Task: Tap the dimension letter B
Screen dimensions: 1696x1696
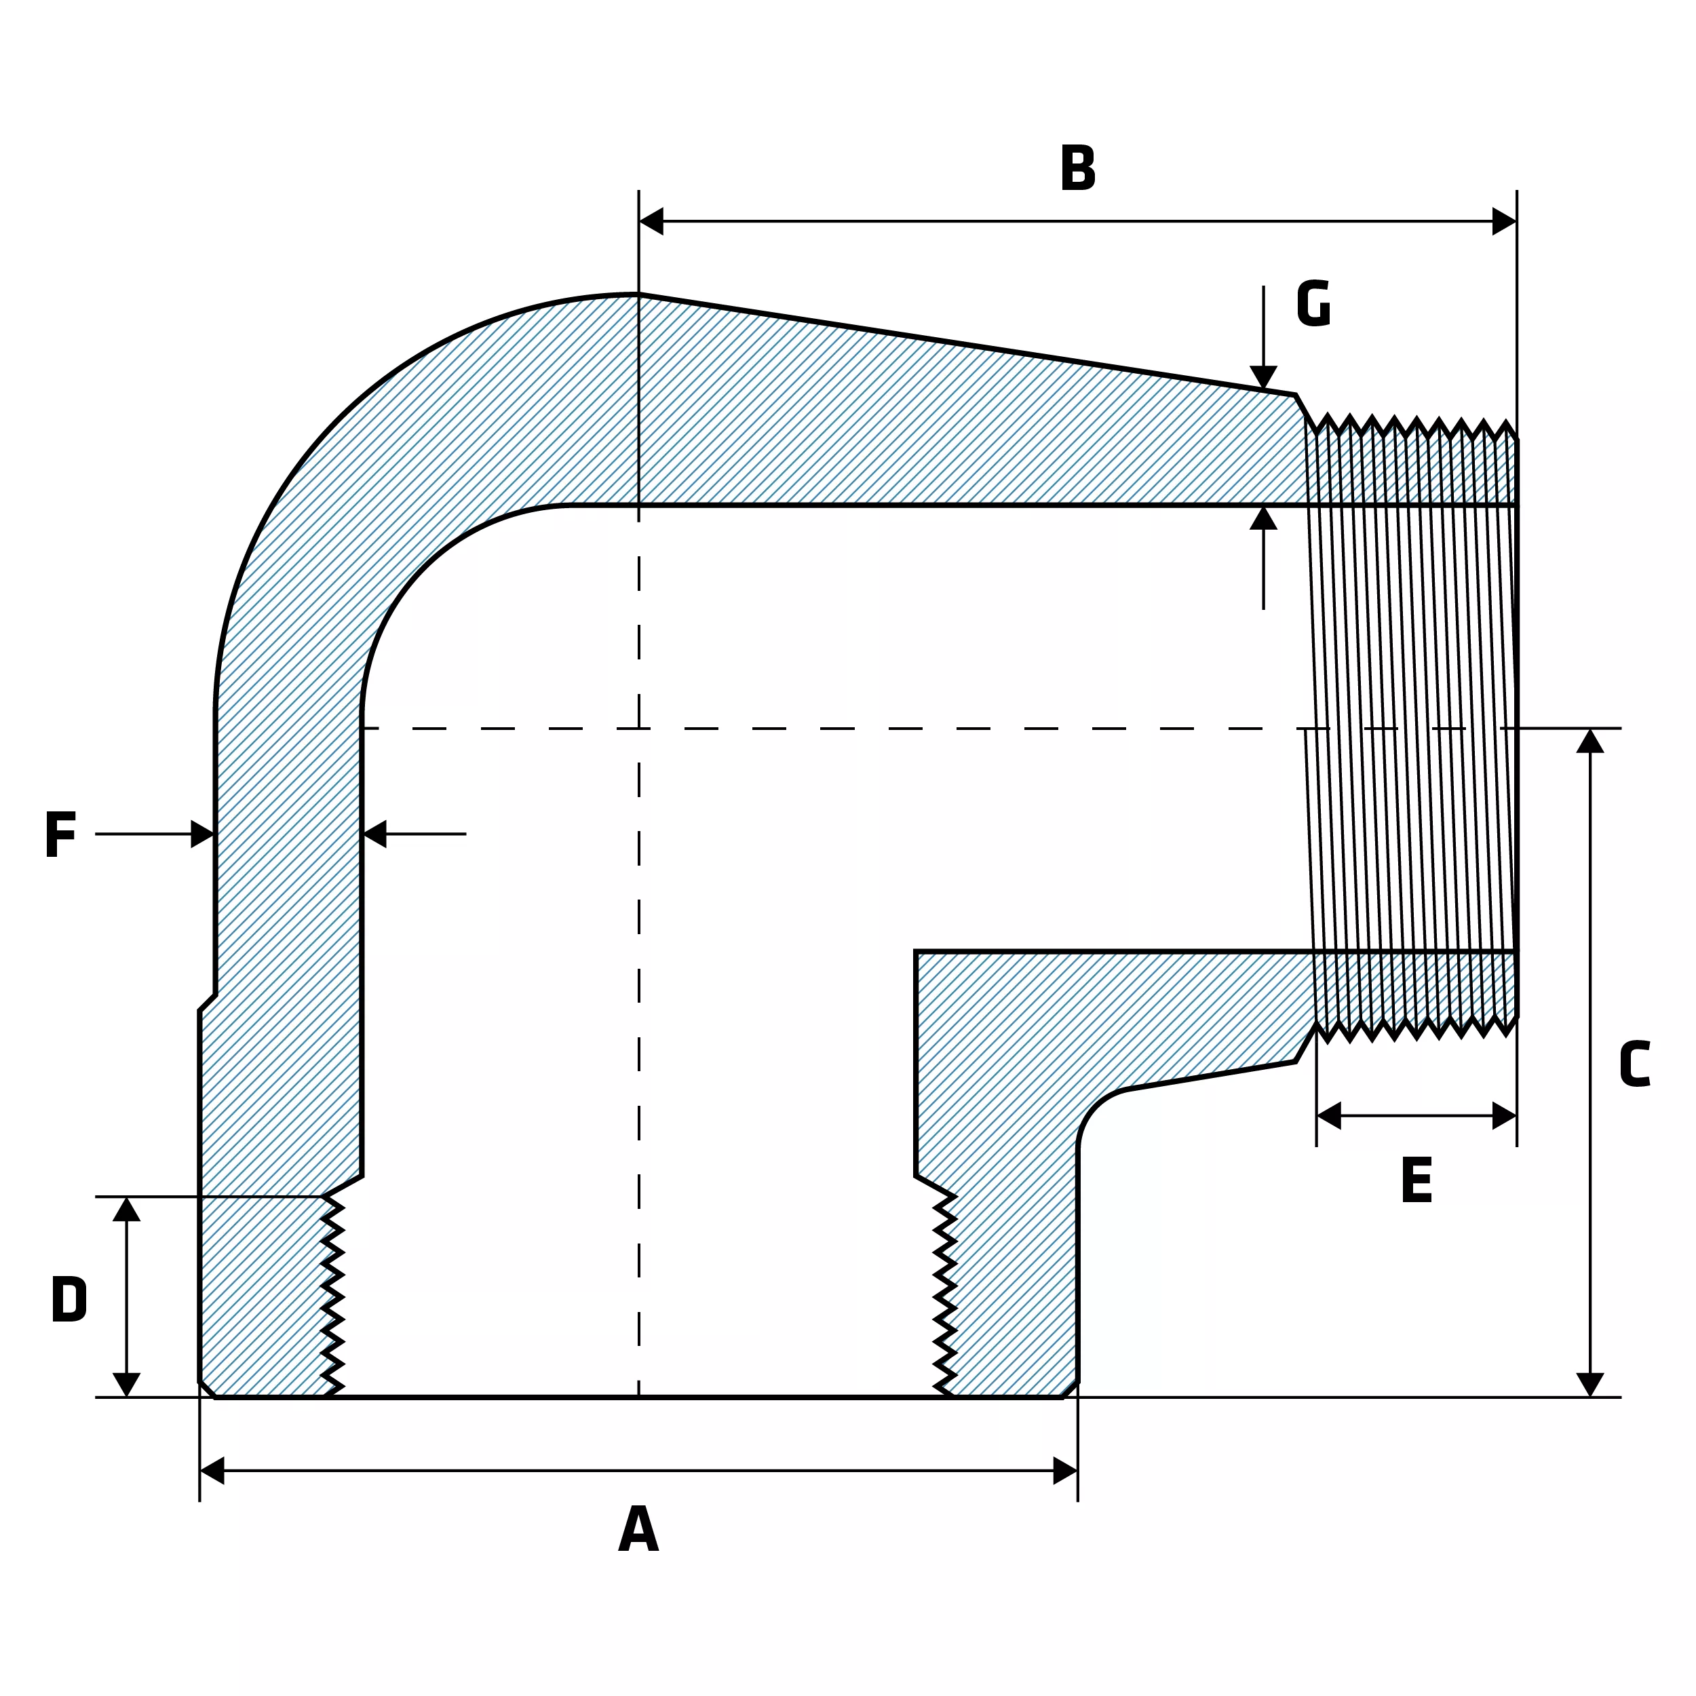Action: coord(1077,167)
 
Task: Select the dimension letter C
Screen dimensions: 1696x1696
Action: coord(1634,1064)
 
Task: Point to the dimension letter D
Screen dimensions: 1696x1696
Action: coord(69,1298)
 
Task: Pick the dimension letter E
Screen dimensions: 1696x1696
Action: coord(1417,1180)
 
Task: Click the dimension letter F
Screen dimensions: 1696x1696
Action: coord(60,834)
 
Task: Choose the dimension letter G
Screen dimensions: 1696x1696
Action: coord(1313,304)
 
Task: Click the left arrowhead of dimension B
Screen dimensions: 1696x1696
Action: coord(651,221)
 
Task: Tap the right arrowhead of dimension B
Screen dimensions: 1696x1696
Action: coord(1505,221)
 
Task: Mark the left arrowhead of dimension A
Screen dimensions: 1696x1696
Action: coord(212,1470)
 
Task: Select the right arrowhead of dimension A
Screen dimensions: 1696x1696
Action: coord(1065,1470)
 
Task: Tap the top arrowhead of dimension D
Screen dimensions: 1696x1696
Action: coord(126,1209)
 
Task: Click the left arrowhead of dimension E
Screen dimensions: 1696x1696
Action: coord(1329,1116)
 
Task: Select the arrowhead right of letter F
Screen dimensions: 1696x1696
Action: coord(203,834)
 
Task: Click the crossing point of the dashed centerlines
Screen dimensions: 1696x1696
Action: coord(639,729)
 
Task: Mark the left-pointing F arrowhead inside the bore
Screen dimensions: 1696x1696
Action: coord(374,834)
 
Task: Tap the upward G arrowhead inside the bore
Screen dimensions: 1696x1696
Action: coord(1263,518)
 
